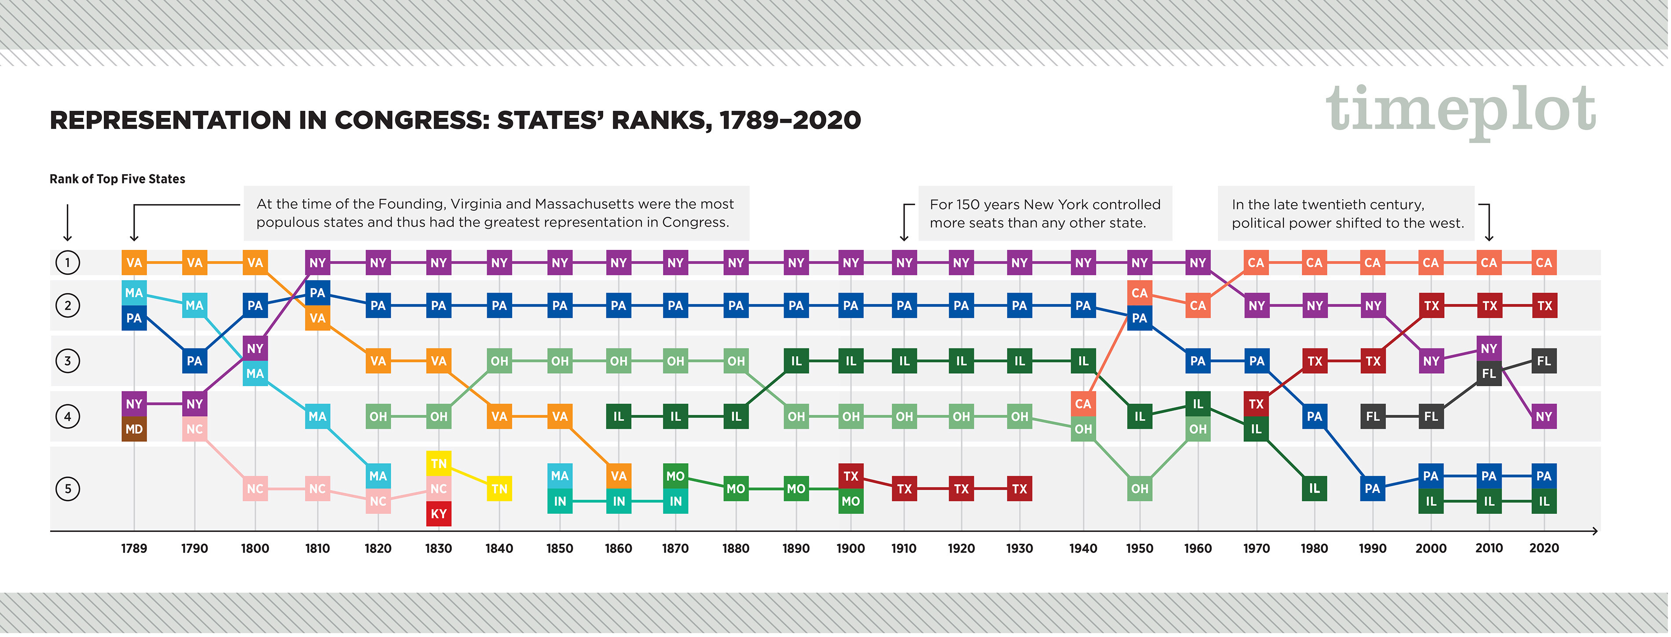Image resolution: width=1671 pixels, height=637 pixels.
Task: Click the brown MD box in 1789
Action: pos(134,429)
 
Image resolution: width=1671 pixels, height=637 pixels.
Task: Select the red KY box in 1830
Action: pos(439,514)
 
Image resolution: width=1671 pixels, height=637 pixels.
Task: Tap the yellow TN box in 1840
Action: pos(499,488)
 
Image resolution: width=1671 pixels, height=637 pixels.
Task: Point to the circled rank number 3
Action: pos(67,361)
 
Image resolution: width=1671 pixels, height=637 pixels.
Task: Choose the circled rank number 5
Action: pos(67,488)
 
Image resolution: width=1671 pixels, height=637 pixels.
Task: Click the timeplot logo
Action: pos(1459,110)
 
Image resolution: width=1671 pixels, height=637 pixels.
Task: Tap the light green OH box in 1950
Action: pos(1139,488)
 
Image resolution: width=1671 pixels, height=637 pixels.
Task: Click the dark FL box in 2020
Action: pos(1543,361)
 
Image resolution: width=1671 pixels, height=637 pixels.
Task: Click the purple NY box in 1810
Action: pos(317,263)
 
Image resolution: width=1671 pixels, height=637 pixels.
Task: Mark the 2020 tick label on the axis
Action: pos(1543,549)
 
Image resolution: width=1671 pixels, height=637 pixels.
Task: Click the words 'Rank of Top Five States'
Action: pos(117,179)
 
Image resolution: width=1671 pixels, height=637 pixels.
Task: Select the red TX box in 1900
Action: pos(850,476)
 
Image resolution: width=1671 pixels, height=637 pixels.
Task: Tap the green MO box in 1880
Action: pos(736,488)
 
